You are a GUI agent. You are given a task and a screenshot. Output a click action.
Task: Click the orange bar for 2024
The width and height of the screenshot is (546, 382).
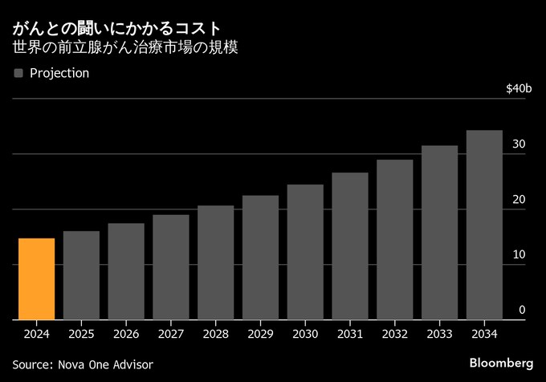click(37, 278)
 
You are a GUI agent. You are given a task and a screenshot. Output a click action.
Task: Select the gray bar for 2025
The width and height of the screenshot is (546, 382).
click(82, 275)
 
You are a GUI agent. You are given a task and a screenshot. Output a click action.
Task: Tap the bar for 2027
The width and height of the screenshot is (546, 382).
click(171, 266)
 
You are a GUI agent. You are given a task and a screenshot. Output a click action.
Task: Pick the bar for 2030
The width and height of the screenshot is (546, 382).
click(305, 252)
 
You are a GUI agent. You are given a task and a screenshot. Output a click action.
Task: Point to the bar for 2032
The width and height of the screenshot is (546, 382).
click(394, 239)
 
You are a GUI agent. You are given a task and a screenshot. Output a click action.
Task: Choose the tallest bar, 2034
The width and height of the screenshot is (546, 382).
click(484, 225)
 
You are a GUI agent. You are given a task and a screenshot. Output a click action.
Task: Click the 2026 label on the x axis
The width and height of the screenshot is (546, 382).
click(127, 332)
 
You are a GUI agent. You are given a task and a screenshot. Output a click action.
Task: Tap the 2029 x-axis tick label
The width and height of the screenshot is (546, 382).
click(260, 332)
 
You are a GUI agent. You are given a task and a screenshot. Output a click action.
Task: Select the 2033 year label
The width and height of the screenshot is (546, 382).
click(439, 332)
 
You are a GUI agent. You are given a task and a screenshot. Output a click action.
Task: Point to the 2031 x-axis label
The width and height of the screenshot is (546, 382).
click(350, 332)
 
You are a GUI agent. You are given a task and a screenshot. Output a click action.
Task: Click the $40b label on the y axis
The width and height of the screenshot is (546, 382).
click(519, 88)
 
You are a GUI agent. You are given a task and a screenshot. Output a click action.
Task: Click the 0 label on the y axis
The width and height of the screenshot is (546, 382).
click(522, 310)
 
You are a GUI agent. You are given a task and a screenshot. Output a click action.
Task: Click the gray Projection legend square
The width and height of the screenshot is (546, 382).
click(18, 73)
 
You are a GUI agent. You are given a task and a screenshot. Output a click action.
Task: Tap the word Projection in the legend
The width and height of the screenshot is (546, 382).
click(59, 73)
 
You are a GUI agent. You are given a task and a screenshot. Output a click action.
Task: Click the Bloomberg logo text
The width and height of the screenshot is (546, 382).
click(501, 364)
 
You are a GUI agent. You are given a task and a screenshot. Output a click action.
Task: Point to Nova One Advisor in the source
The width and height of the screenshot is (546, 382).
click(106, 364)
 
